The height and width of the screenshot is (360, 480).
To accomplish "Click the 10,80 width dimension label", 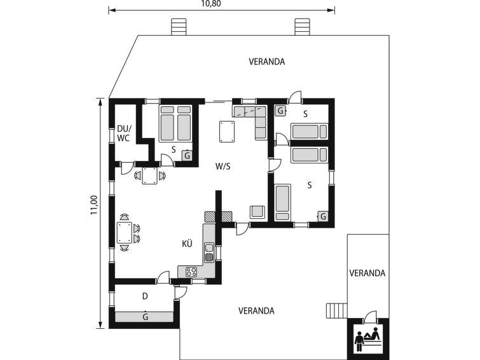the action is (211, 3).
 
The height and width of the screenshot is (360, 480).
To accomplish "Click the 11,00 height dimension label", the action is (94, 205).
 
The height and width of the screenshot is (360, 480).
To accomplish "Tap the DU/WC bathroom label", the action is (124, 134).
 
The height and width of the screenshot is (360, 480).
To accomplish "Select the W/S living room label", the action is (223, 167).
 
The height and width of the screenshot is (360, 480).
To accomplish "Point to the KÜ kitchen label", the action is (187, 243).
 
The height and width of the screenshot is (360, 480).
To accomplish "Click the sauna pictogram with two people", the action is (368, 339).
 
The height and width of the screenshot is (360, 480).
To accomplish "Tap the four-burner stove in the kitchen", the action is (191, 272).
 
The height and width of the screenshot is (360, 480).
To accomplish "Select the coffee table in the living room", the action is (227, 132).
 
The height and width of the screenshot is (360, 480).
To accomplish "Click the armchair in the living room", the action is (257, 212).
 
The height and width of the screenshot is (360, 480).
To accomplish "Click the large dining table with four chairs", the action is (125, 233).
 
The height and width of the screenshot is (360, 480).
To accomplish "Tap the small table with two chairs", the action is (150, 176).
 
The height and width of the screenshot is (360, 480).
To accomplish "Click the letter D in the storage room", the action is (145, 296).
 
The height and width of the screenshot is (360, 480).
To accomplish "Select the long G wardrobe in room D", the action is (144, 317).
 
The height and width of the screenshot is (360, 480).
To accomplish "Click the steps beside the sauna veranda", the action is (336, 310).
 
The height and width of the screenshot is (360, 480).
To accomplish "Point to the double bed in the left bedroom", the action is (175, 123).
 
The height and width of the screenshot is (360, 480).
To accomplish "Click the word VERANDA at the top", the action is (266, 62).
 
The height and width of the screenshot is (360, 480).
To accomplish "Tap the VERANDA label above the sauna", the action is (367, 273).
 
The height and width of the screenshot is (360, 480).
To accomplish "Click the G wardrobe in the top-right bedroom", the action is (280, 110).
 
